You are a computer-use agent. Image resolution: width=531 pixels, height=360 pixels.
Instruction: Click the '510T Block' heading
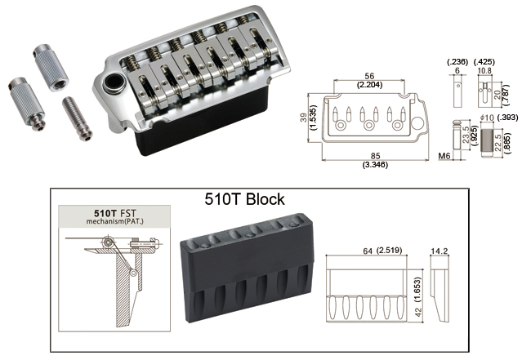(244, 199)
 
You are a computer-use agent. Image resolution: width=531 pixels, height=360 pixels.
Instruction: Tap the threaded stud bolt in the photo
(78, 118)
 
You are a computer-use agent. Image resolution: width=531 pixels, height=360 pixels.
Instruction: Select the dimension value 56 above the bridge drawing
(368, 76)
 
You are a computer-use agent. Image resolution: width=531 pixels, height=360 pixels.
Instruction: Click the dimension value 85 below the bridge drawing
(375, 156)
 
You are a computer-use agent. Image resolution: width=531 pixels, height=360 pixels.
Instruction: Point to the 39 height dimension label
(304, 118)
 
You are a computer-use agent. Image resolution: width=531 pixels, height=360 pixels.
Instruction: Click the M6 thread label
(444, 156)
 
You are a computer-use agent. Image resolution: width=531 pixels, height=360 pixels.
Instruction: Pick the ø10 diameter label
(487, 118)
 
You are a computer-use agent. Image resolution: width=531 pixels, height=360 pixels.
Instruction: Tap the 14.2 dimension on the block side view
(440, 251)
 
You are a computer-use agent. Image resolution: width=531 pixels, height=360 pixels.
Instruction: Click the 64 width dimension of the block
(368, 251)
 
